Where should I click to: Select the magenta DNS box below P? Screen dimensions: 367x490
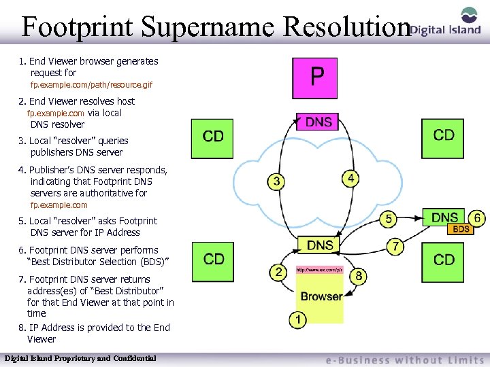click(x=318, y=122)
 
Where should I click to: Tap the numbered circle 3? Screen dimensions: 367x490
click(x=276, y=181)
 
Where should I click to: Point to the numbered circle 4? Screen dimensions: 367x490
click(x=350, y=178)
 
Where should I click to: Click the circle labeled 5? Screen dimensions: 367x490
click(x=389, y=219)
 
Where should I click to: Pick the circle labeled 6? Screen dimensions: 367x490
click(x=478, y=219)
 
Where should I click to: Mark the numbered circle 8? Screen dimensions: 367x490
click(x=359, y=276)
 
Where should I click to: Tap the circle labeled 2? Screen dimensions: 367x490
click(x=278, y=273)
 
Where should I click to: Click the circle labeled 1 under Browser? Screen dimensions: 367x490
click(x=297, y=319)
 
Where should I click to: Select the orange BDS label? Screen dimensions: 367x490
click(x=461, y=230)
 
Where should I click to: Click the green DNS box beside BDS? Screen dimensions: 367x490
click(x=444, y=218)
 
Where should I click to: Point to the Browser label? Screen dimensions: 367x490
click(x=321, y=296)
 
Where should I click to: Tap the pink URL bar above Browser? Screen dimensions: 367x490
click(x=320, y=270)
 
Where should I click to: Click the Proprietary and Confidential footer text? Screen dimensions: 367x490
click(x=80, y=358)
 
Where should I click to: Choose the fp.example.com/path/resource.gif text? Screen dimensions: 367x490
click(x=91, y=86)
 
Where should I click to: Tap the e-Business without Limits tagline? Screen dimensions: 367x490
click(x=402, y=360)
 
